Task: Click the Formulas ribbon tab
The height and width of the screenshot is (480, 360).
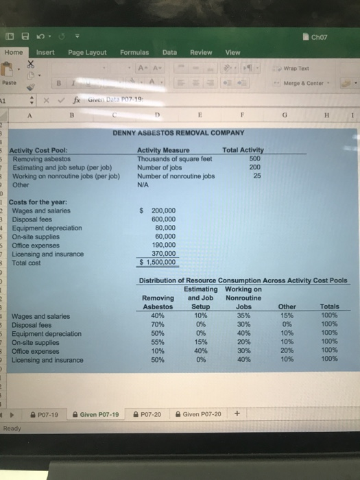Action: pos(134,53)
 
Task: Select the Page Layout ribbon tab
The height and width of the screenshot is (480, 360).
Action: pos(87,53)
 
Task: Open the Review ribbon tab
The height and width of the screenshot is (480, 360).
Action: pos(201,53)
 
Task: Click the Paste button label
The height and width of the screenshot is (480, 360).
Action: pos(10,82)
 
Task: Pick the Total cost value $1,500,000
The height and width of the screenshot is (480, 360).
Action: pos(158,261)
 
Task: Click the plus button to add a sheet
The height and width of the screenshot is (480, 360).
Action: pos(237,413)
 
